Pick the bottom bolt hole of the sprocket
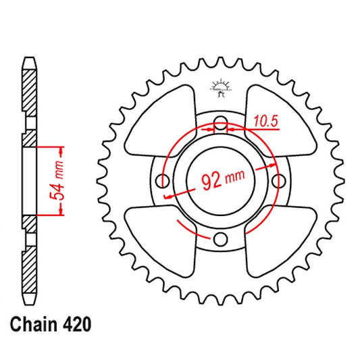tap(220, 238)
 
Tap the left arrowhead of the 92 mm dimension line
tap(167, 194)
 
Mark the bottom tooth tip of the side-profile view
tap(28, 303)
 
